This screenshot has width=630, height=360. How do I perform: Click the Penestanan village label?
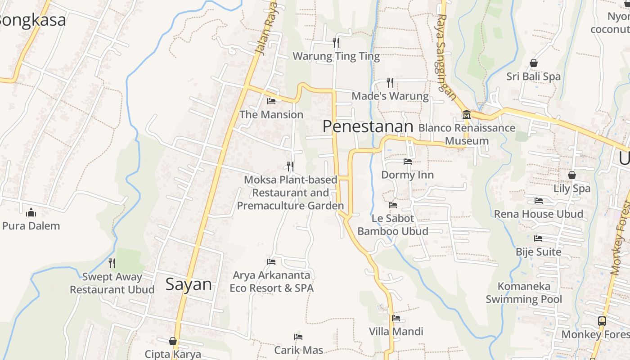point(368,126)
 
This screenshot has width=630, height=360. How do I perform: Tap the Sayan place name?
point(189,284)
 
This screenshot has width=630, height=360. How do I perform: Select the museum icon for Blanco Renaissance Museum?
point(466,115)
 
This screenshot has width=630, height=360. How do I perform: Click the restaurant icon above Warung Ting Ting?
point(336,43)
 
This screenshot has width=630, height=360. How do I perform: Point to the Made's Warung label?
point(390,96)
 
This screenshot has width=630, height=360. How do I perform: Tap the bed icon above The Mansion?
point(271,101)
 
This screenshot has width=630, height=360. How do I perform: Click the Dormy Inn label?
point(407,175)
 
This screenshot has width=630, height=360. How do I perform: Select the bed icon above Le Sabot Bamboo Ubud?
point(393,205)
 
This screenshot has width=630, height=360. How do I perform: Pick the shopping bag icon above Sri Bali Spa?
point(534,63)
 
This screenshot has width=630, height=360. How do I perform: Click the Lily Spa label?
point(571,189)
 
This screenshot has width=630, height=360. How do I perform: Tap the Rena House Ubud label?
point(538,214)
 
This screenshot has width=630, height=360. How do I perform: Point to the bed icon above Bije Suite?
point(538,238)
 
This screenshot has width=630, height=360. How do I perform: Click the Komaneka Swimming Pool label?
point(524,292)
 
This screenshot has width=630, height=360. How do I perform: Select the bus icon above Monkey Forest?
point(602,321)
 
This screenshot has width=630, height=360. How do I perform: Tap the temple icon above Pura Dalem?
point(31,212)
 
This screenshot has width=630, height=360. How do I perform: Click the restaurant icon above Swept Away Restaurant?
point(112,263)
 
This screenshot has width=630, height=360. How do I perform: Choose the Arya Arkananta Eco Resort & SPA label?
point(271,281)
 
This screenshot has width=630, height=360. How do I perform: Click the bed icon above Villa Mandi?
point(396,318)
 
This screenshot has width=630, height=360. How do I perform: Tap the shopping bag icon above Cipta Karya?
point(172,341)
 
